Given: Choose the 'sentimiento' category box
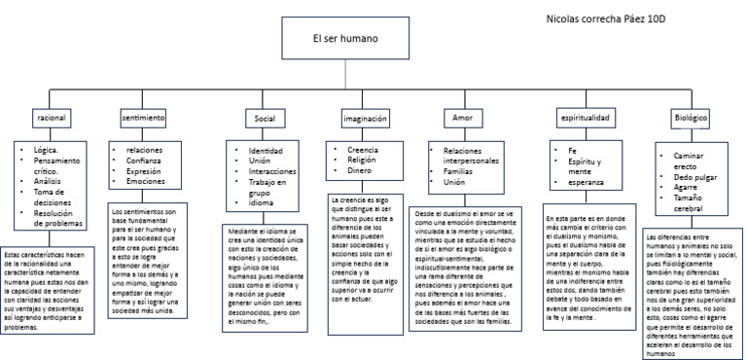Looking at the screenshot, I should (143, 118).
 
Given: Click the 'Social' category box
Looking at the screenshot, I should (265, 118).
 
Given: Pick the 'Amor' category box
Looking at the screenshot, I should (462, 118).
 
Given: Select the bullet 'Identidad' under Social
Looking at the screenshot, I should (266, 152).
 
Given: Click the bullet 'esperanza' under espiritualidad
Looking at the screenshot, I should (576, 182).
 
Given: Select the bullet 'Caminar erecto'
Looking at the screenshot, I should (688, 161).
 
